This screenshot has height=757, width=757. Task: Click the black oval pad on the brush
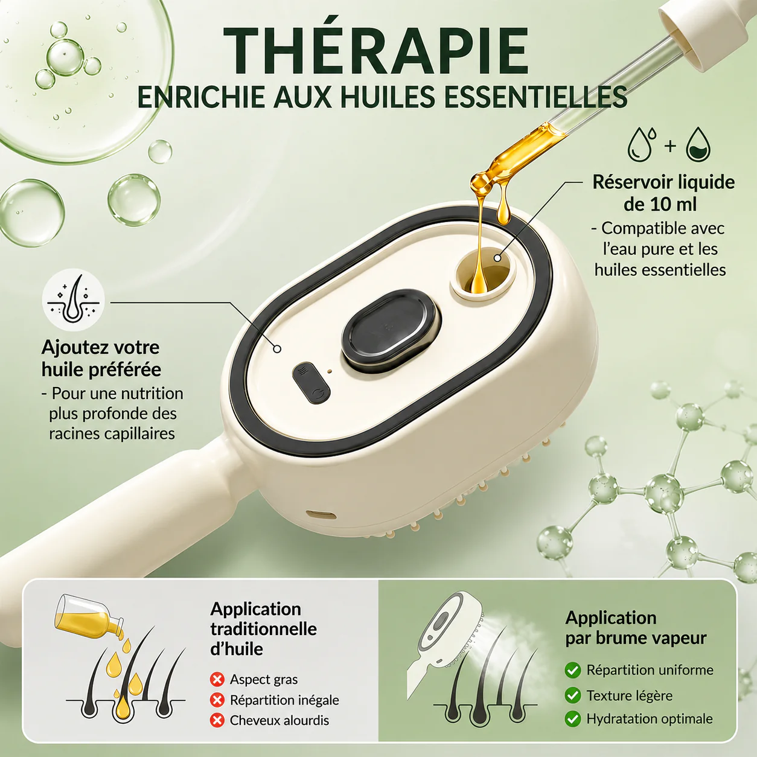point(389,331)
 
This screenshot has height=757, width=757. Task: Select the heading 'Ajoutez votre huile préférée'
point(101,358)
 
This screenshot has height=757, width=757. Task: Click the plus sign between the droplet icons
point(670,145)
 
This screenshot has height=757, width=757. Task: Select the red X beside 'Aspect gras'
point(217,679)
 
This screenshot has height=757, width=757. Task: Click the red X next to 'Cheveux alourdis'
point(217,720)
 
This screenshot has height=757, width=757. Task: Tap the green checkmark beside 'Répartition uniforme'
point(573,670)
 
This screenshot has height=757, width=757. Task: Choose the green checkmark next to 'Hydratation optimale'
point(573,719)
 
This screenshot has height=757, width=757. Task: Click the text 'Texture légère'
point(630,695)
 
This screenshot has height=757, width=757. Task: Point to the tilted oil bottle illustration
point(91,617)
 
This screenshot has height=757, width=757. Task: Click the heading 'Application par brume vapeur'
point(636,628)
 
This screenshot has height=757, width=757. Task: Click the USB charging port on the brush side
point(321,514)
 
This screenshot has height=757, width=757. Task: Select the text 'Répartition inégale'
point(284,700)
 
